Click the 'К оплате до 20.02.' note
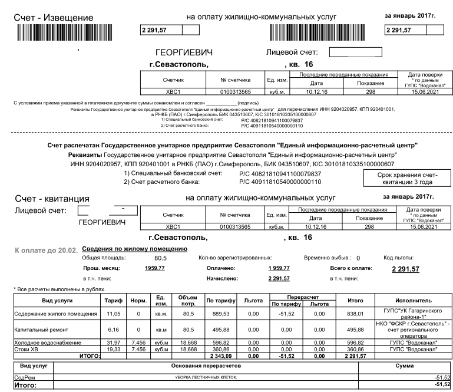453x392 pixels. [44, 250]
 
